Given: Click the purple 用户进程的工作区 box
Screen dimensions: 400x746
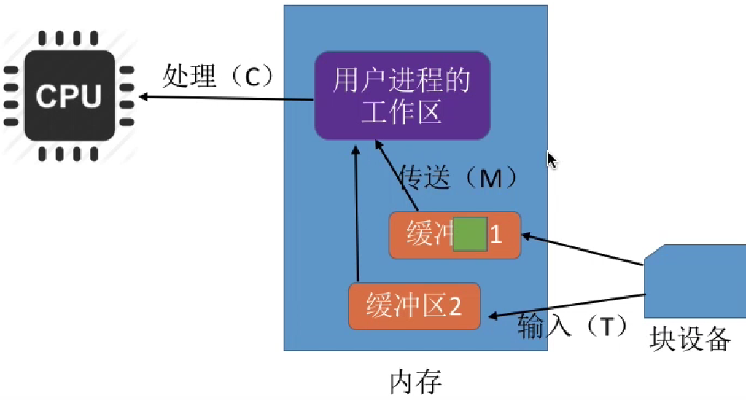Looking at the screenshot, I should click(402, 96).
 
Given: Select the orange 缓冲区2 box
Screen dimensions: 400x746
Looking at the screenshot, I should click(414, 306).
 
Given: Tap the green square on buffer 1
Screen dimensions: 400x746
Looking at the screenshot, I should click(469, 235).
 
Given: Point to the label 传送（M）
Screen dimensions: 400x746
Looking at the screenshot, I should click(458, 178).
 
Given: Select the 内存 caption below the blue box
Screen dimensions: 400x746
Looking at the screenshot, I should click(416, 382).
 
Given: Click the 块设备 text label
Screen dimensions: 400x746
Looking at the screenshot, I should click(691, 339).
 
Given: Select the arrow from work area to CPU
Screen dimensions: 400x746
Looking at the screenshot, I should click(225, 98).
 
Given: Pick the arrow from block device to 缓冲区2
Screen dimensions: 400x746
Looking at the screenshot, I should click(567, 305).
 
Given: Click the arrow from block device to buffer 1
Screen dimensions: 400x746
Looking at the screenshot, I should click(583, 249).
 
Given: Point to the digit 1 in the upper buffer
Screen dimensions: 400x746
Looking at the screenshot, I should click(495, 235).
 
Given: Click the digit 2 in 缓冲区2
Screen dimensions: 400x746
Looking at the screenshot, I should click(455, 306).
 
